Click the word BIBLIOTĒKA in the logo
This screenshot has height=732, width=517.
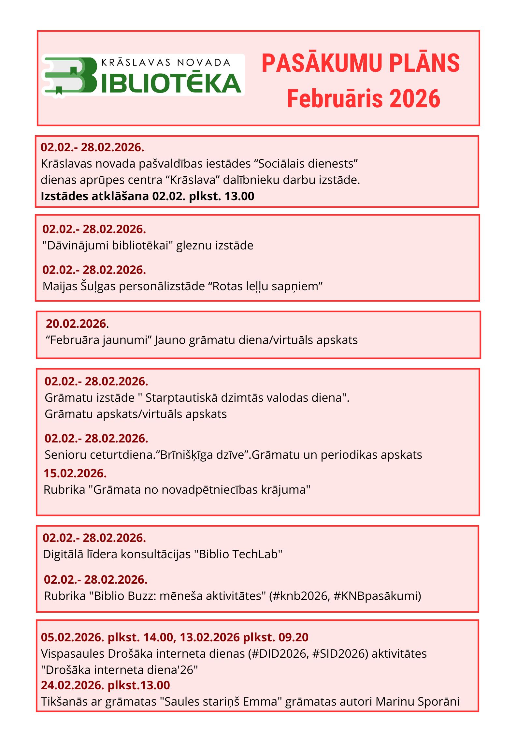click(171, 83)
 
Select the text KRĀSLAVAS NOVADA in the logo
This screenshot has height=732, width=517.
click(166, 62)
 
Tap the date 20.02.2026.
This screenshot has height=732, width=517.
click(76, 323)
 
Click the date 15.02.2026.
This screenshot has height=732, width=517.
click(75, 473)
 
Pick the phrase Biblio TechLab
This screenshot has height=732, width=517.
click(238, 554)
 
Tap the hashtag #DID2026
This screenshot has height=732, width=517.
click(278, 654)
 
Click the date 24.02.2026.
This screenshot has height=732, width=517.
click(72, 685)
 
